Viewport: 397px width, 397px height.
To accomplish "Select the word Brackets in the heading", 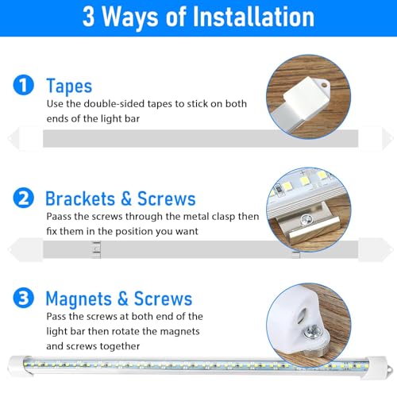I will pyautogui.click(x=83, y=198).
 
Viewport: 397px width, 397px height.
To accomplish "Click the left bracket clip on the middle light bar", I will pyautogui.click(x=94, y=249).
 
